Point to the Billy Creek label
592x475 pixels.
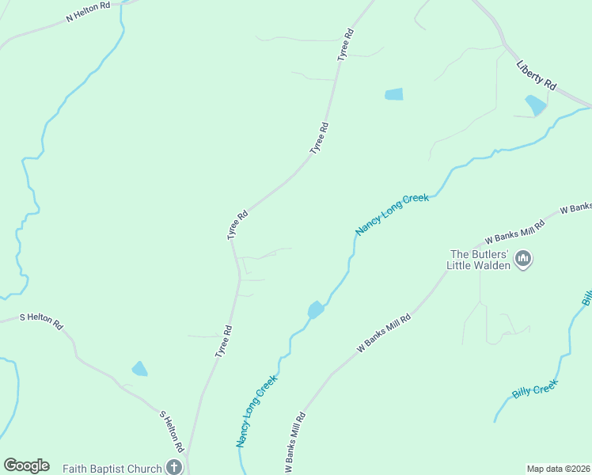click(x=535, y=389)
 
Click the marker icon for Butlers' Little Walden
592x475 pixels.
click(x=522, y=259)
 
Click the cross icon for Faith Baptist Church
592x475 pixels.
click(x=174, y=467)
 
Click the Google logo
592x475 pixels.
click(x=26, y=465)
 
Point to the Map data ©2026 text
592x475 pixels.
click(x=559, y=468)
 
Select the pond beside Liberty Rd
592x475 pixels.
click(x=535, y=104)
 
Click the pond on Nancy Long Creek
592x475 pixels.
click(x=315, y=310)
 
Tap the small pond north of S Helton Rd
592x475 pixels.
click(x=139, y=368)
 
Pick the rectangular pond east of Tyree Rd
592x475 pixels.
click(x=393, y=94)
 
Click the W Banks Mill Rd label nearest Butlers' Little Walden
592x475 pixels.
click(x=515, y=232)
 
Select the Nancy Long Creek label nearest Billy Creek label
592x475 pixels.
click(x=392, y=215)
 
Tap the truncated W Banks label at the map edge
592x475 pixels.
click(x=576, y=207)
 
